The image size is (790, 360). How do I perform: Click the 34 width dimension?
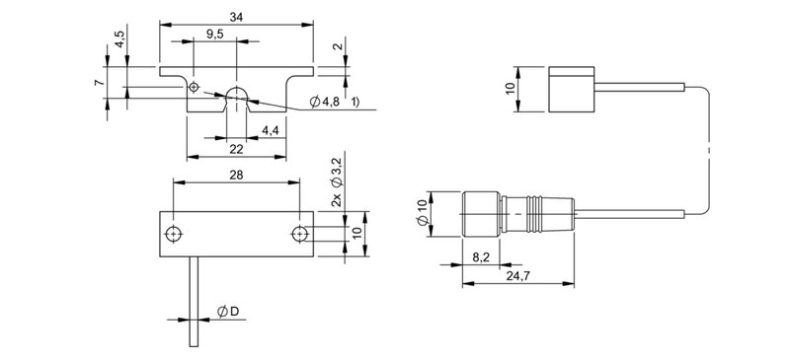point(236,17)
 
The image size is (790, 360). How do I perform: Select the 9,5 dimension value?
point(215,34)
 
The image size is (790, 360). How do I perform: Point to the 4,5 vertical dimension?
point(118,38)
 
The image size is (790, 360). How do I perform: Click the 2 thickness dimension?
point(339,46)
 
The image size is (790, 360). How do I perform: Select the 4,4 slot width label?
point(270,131)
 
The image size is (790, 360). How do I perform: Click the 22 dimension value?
point(236,149)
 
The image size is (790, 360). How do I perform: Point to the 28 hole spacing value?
point(236,175)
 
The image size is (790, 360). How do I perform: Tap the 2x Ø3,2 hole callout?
point(337,181)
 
